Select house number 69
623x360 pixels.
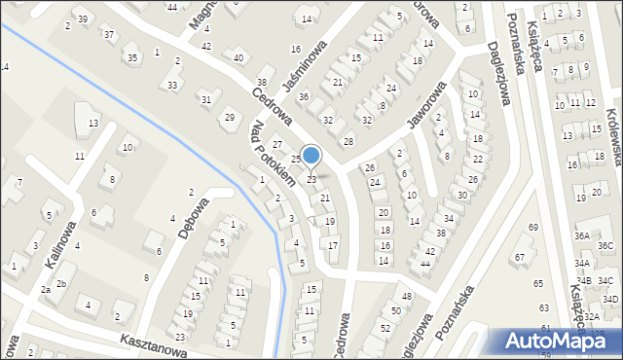pyautogui.click(x=532, y=227)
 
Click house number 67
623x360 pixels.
pyautogui.click(x=519, y=257)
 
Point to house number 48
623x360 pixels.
pyautogui.click(x=406, y=296)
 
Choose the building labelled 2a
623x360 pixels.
pyautogui.click(x=45, y=290)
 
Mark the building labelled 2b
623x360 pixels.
pyautogui.click(x=61, y=283)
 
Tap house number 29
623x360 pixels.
pyautogui.click(x=230, y=117)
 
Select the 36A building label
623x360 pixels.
pyautogui.click(x=581, y=235)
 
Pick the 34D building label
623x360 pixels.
pyautogui.click(x=609, y=299)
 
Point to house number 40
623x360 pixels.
pyautogui.click(x=238, y=57)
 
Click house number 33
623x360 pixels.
pyautogui.click(x=172, y=86)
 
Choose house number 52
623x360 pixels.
pyautogui.click(x=385, y=328)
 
